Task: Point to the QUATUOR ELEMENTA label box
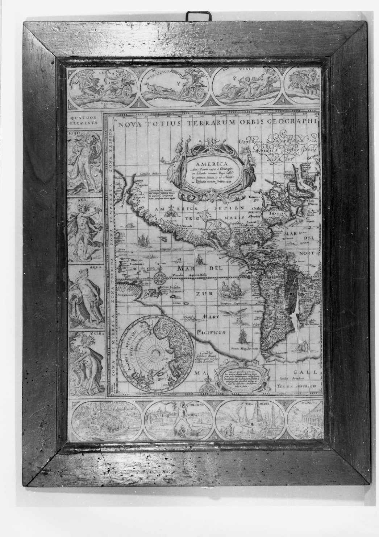[x=84, y=120]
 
